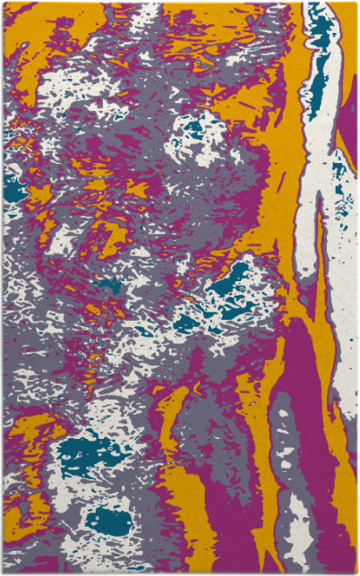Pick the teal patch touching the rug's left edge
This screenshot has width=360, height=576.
13,187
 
